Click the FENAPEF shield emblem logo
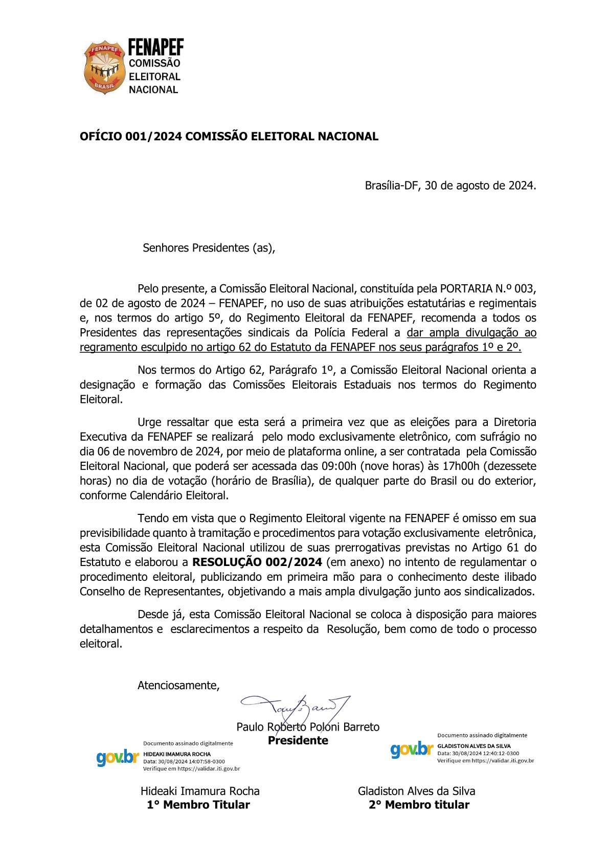[104, 67]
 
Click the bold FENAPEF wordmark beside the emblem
[155, 48]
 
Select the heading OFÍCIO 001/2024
[229, 137]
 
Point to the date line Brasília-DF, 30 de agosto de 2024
[450, 186]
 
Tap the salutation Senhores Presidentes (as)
[209, 248]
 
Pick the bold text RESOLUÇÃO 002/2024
[257, 562]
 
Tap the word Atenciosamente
[178, 686]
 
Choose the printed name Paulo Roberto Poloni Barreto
[308, 727]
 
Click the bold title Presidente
[298, 741]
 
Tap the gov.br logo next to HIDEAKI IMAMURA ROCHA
[118, 757]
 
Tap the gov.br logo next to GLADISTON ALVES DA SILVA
[412, 750]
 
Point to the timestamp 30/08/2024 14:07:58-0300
[191, 761]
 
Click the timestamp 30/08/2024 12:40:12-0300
[485, 753]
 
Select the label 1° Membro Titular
[198, 805]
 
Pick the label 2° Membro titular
[419, 805]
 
